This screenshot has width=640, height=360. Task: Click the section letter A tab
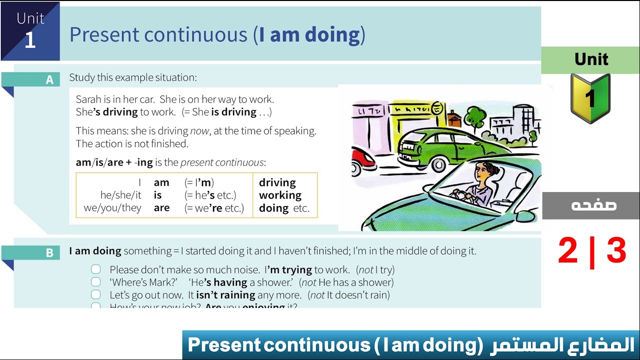click(49, 79)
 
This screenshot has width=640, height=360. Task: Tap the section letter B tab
click(49, 253)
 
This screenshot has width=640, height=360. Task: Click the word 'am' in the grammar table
click(161, 183)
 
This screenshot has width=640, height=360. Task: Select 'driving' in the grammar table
click(277, 183)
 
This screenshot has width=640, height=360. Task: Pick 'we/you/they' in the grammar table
click(112, 208)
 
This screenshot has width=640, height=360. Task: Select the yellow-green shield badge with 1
click(590, 98)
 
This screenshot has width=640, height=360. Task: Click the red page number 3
click(616, 251)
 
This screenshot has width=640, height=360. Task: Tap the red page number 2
click(567, 251)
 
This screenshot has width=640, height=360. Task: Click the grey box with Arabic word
click(590, 205)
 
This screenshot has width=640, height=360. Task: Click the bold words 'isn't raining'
click(225, 295)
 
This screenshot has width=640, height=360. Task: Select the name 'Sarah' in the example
click(88, 99)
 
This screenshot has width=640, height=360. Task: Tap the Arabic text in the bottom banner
click(563, 345)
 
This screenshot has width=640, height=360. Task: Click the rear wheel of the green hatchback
click(438, 164)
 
